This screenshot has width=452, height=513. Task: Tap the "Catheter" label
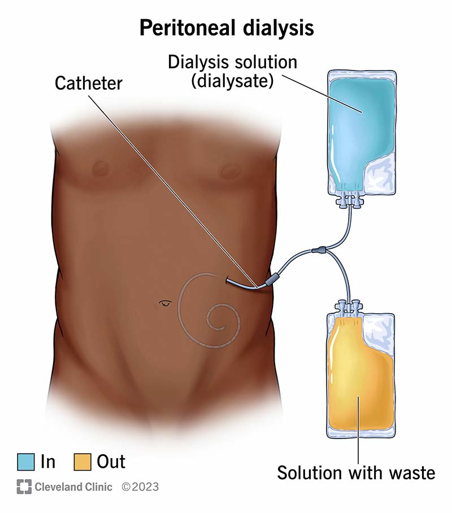89,84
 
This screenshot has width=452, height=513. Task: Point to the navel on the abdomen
164,303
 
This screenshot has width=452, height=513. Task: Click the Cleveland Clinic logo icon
23,486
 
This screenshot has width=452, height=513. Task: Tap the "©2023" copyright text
140,486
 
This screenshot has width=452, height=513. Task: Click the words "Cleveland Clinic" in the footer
74,486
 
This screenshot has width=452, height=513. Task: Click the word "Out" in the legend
111,462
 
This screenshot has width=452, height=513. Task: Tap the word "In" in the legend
48,462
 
